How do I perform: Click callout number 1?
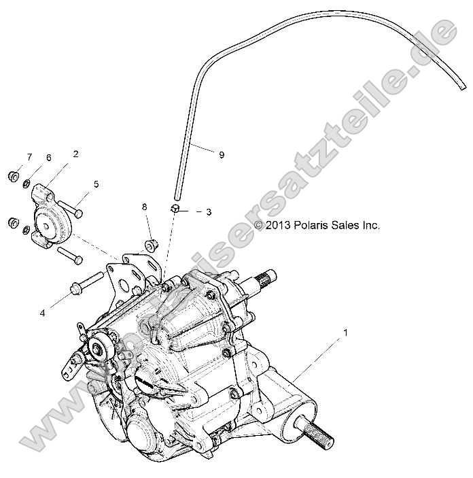(x=346, y=333)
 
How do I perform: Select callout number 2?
(x=75, y=154)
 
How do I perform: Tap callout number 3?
(x=208, y=212)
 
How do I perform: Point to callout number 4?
(x=42, y=294)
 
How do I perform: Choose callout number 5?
(x=96, y=184)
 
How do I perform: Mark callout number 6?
(x=48, y=158)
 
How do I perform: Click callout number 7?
(x=29, y=158)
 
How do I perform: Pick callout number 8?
(x=144, y=206)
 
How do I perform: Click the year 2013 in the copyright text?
(x=279, y=225)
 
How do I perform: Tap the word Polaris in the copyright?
(x=312, y=225)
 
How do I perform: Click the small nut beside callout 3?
(x=175, y=208)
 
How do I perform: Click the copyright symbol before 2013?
(x=258, y=225)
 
